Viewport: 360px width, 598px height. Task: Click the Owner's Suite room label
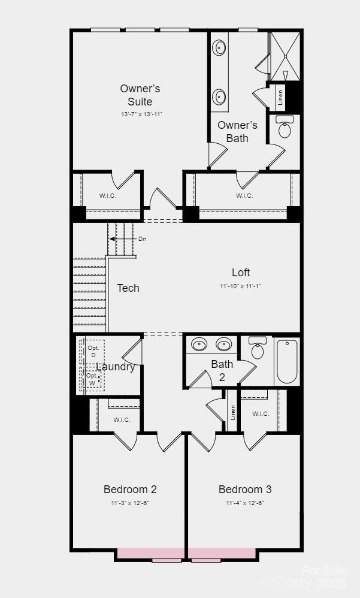click(x=140, y=95)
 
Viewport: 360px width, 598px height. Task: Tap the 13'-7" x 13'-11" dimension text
click(x=142, y=114)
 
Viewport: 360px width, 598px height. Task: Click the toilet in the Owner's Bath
click(x=285, y=127)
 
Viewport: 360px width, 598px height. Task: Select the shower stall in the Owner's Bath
click(x=284, y=56)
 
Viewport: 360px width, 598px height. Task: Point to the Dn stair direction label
click(x=142, y=239)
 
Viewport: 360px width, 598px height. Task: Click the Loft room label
click(x=241, y=273)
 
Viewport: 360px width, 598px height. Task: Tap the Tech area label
click(x=128, y=288)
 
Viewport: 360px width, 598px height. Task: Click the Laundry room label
click(x=116, y=367)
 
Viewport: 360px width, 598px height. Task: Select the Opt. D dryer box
click(x=93, y=351)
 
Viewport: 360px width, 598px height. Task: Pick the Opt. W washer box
click(x=92, y=379)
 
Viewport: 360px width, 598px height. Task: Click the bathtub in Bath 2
click(x=287, y=361)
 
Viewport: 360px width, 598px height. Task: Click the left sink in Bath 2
click(x=198, y=345)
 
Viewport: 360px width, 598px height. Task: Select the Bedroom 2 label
click(x=130, y=490)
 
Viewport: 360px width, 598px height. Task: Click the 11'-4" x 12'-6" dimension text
click(x=245, y=503)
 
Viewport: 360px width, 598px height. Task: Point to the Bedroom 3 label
click(x=245, y=490)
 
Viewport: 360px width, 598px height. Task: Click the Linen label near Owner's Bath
click(x=280, y=98)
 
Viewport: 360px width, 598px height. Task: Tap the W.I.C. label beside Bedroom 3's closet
click(x=261, y=413)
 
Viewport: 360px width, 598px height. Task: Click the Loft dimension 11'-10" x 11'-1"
click(x=240, y=286)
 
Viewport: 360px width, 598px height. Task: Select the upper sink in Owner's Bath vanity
click(x=220, y=47)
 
